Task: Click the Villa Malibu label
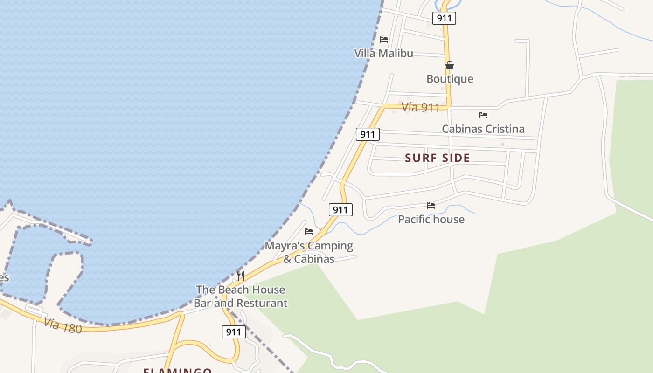[383, 53]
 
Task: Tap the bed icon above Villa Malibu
[384, 40]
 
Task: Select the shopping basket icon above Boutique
[450, 65]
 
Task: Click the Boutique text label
[450, 79]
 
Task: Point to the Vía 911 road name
[420, 107]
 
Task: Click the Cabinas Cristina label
[483, 129]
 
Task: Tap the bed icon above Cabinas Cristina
[483, 115]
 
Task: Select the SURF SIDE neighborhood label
[437, 158]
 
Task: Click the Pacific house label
[431, 219]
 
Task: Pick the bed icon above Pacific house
[431, 205]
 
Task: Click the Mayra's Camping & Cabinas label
[309, 252]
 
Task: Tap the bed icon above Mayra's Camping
[309, 231]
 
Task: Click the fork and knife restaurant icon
[241, 276]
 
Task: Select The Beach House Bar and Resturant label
[241, 296]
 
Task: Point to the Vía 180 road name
[63, 325]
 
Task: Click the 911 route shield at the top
[444, 18]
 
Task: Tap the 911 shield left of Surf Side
[368, 135]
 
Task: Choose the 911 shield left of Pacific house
[340, 210]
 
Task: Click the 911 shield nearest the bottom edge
[233, 332]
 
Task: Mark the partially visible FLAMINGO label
[177, 370]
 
